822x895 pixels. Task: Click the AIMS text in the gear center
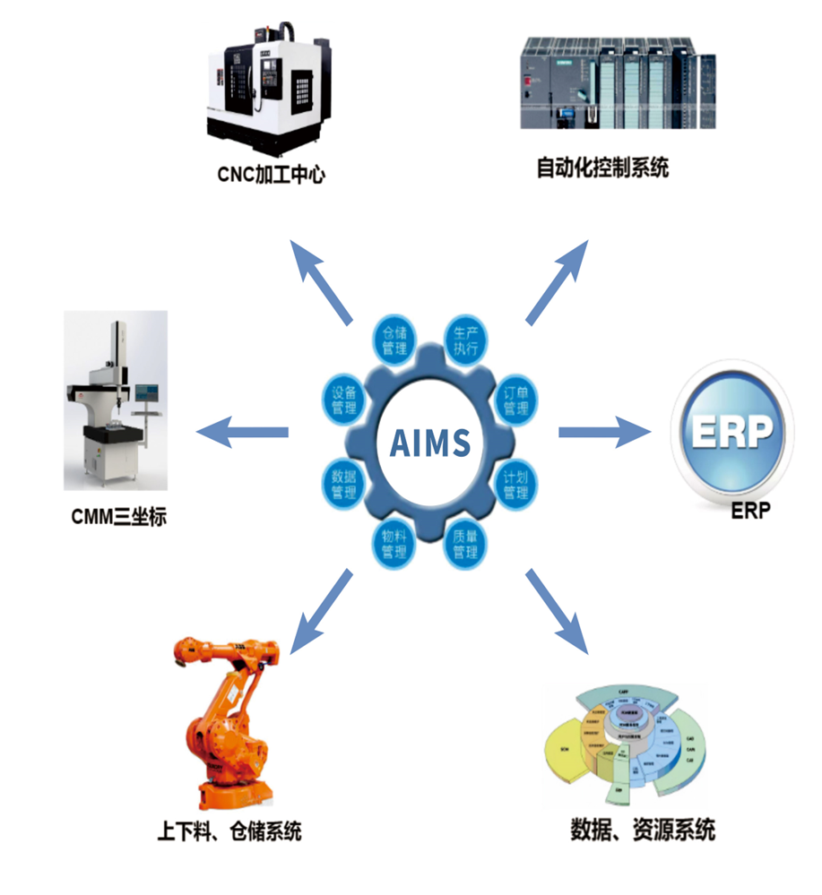click(x=430, y=442)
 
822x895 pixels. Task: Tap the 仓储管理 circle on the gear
click(x=394, y=338)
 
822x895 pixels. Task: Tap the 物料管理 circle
click(x=394, y=543)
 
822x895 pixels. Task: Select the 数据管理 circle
click(x=343, y=484)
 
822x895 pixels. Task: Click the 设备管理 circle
click(x=343, y=400)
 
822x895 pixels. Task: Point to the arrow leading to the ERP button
click(x=604, y=433)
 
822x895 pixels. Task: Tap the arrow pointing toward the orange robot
click(x=322, y=609)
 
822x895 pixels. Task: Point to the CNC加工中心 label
click(x=271, y=174)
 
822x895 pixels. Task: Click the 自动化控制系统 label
click(x=602, y=168)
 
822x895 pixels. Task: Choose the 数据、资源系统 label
click(x=643, y=830)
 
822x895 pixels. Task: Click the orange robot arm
click(x=224, y=717)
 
